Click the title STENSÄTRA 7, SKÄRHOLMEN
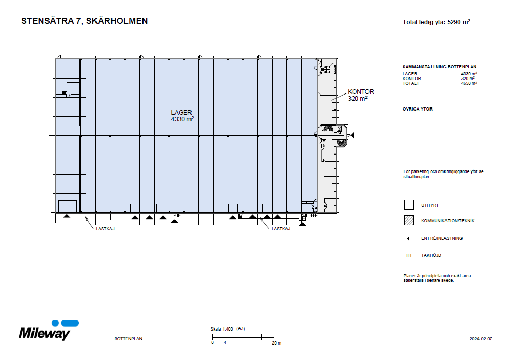[84, 21]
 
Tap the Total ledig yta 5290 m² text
[436, 22]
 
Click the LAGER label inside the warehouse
[182, 112]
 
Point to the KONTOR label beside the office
[361, 92]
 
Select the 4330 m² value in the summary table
[469, 74]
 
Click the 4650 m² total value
[469, 83]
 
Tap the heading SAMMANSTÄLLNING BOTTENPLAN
[439, 67]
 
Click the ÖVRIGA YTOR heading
[417, 109]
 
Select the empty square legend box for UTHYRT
[409, 205]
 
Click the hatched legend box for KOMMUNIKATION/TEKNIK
[409, 221]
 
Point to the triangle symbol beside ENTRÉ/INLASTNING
[408, 238]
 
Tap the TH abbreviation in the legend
[408, 255]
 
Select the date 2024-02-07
[481, 339]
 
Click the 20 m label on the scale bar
[277, 343]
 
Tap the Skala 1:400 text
[222, 328]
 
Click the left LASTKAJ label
[104, 229]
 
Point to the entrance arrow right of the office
[353, 135]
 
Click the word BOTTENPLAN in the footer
[128, 339]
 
